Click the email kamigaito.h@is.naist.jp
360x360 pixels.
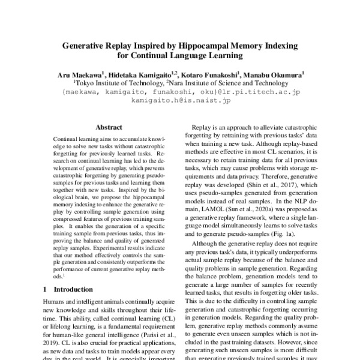[180, 103]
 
